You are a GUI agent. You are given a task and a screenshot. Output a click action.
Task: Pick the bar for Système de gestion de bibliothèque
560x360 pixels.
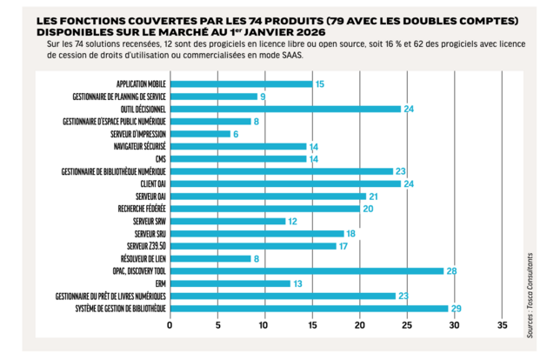[x=308, y=309]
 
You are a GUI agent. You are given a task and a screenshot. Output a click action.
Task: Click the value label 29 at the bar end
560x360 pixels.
[x=456, y=309]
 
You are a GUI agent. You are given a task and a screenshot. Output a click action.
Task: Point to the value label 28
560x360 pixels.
[x=451, y=271]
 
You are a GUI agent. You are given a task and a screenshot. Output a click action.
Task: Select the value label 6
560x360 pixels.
[x=237, y=134]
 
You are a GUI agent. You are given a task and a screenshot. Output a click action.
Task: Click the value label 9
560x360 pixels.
[x=263, y=97]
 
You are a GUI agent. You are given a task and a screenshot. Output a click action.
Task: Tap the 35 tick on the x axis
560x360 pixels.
[x=502, y=326]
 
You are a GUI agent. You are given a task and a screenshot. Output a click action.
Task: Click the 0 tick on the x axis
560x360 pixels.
[x=170, y=326]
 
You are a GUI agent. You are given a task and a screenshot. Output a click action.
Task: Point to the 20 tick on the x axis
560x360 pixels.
[x=359, y=326]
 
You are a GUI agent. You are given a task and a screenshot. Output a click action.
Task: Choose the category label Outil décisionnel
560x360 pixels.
[x=140, y=110]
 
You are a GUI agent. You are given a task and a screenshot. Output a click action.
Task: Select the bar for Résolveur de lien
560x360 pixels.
[x=210, y=258]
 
